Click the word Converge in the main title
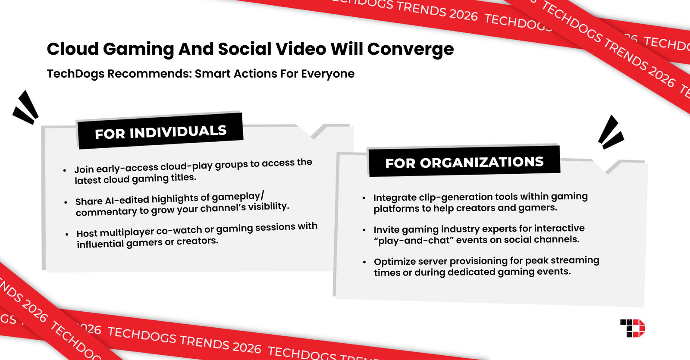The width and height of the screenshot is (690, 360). pos(410,49)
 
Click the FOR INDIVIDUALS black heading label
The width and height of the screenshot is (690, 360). pos(160,131)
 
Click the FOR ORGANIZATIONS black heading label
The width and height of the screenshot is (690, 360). pos(464,162)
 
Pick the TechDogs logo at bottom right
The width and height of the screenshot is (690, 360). pos(633,329)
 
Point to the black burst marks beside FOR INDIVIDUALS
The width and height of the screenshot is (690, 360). pos(26,108)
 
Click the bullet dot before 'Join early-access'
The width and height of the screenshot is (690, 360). pos(65,171)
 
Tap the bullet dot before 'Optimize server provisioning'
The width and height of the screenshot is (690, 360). pos(364,262)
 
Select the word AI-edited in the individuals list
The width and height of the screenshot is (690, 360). pos(127,200)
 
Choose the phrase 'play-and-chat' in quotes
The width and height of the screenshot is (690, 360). pos(414,240)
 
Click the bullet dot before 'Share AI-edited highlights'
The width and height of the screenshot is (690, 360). pos(66,202)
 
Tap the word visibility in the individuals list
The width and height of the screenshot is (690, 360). pos(267,207)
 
